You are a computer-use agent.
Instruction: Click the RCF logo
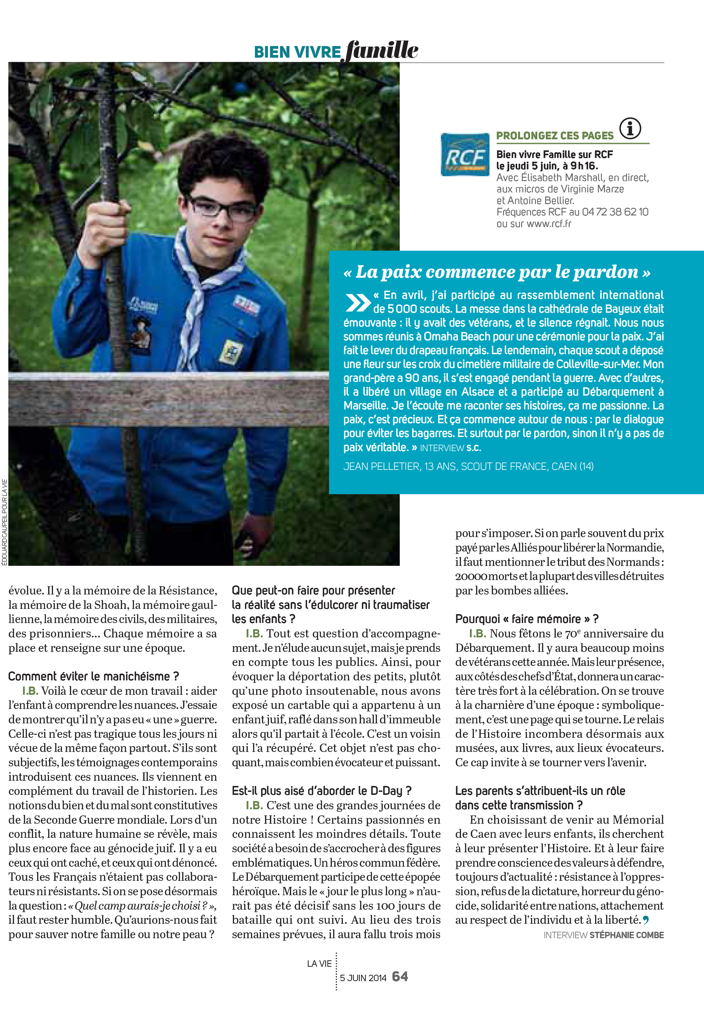[x=465, y=154]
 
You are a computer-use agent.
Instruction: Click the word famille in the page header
[x=382, y=50]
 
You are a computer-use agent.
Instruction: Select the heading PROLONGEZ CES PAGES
[x=555, y=135]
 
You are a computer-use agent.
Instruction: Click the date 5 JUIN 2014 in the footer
[x=363, y=977]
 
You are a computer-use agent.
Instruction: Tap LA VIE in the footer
[x=319, y=963]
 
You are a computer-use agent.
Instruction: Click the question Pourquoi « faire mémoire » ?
[x=527, y=619]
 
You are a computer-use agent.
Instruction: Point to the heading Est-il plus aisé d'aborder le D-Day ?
[x=321, y=790]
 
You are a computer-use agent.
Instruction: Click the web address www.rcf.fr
[x=549, y=224]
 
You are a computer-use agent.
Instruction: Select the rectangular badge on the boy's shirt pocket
[x=232, y=351]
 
